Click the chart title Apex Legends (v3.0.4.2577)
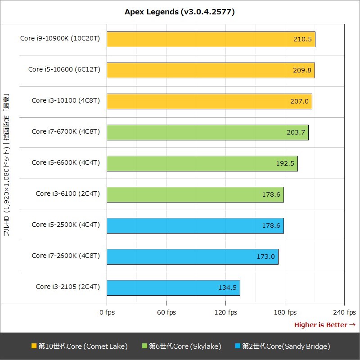click(x=180, y=12)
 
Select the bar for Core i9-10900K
click(x=211, y=39)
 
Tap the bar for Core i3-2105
click(x=173, y=288)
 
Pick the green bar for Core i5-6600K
click(x=202, y=163)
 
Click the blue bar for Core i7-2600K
click(x=192, y=256)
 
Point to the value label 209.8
click(x=302, y=70)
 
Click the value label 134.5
click(x=227, y=288)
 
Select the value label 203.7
click(x=296, y=132)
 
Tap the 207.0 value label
click(x=299, y=101)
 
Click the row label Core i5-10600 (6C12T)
click(x=64, y=69)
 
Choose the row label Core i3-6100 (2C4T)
click(x=68, y=193)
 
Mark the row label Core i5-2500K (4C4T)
click(x=66, y=225)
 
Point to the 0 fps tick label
click(x=107, y=312)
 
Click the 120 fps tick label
click(x=225, y=312)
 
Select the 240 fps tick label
click(x=344, y=312)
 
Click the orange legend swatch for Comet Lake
click(x=34, y=346)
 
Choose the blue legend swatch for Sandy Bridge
click(x=238, y=346)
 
